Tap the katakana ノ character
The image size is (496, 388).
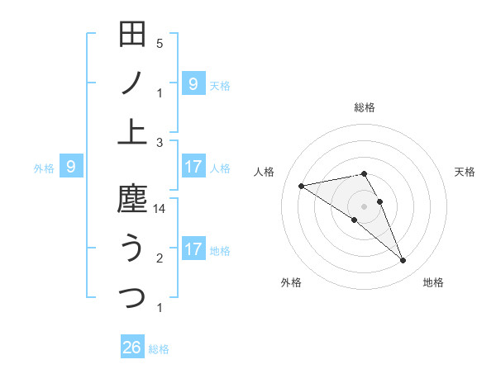132,83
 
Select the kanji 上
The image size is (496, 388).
132,130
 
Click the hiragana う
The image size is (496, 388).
132,248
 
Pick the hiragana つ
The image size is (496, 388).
132,296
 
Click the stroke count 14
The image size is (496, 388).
160,210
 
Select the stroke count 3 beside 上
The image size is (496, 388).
160,142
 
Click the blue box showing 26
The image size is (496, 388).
132,348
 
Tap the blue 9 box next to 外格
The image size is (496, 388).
71,168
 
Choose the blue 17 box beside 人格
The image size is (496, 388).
193,168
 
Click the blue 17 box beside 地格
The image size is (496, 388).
193,249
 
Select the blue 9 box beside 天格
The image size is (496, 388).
193,83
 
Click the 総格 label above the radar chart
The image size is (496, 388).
365,107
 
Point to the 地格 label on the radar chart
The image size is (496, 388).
433,283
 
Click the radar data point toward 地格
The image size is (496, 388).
403,261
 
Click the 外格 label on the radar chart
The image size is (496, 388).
291,283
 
